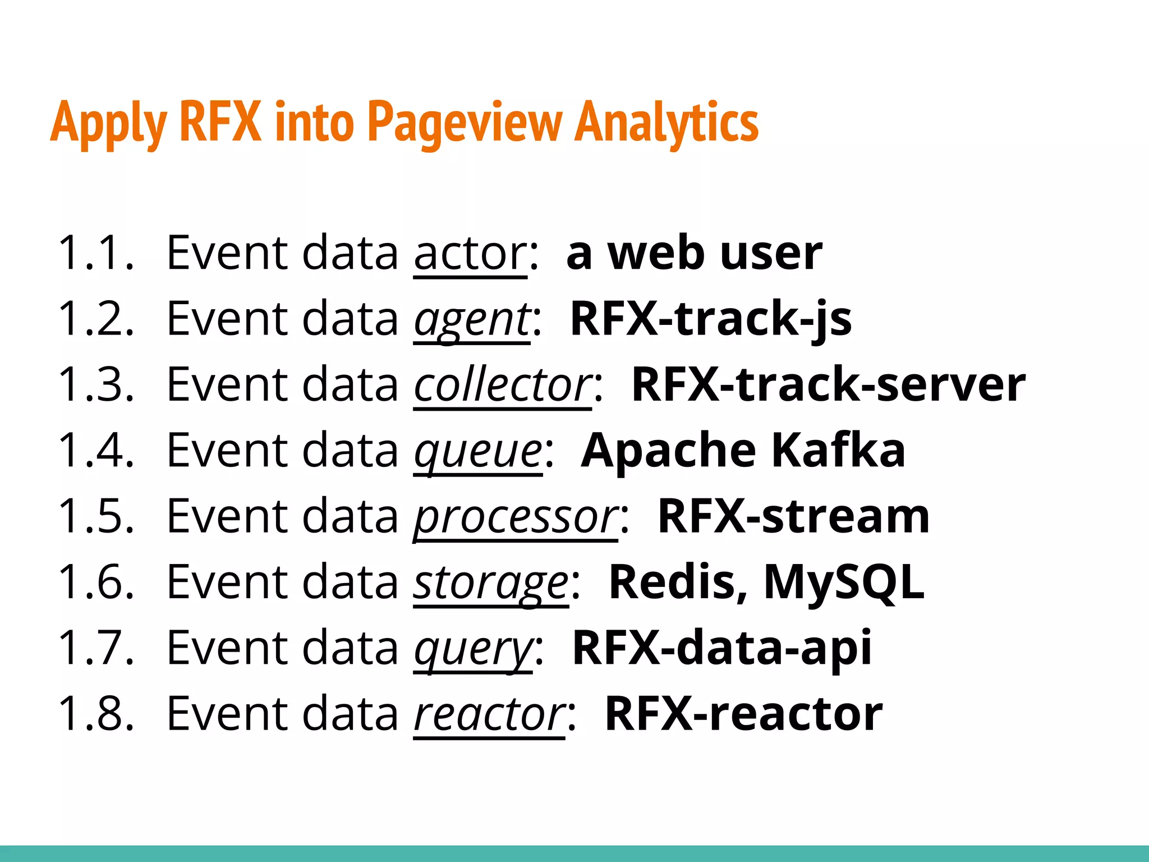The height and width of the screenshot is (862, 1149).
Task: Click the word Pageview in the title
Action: (x=465, y=122)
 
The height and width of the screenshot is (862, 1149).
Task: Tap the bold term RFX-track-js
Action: (x=711, y=319)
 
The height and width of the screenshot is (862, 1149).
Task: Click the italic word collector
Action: (x=502, y=386)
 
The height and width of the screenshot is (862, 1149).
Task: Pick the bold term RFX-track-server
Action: (x=828, y=385)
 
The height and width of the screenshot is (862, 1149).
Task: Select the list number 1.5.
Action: (x=96, y=516)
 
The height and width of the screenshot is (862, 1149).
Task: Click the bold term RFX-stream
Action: (x=793, y=516)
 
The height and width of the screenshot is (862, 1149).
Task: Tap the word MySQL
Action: (x=844, y=583)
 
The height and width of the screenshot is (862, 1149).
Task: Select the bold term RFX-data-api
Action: (x=721, y=648)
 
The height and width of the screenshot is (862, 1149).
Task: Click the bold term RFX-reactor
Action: (x=743, y=714)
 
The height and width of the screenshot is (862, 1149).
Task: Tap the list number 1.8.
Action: (x=96, y=714)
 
